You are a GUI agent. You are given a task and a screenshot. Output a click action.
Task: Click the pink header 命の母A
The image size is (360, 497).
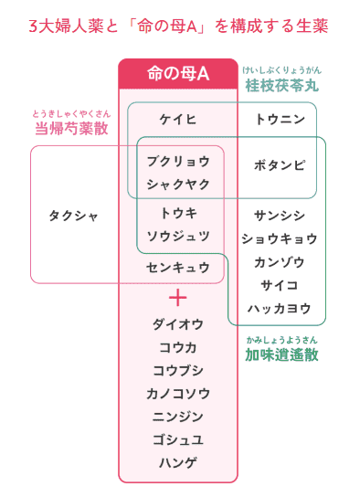[178, 74]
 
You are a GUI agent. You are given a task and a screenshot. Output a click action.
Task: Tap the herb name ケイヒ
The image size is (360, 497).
[178, 120]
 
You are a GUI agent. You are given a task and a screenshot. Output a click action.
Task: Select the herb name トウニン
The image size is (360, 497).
[280, 120]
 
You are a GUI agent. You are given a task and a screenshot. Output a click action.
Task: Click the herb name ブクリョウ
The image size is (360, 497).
[178, 161]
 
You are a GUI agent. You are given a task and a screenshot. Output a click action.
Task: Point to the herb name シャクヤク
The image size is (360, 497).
[178, 184]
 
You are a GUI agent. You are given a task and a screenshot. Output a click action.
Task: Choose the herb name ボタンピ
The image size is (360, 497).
[280, 166]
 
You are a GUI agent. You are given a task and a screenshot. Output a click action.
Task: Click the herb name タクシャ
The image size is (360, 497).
[73, 216]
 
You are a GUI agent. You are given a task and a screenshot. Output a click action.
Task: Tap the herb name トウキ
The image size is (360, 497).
[178, 213]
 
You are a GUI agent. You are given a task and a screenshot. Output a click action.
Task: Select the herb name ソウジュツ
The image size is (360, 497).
[178, 236]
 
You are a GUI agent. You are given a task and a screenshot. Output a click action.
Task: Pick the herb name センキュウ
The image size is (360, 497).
[178, 268]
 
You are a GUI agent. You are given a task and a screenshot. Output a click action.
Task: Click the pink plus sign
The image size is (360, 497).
[178, 298]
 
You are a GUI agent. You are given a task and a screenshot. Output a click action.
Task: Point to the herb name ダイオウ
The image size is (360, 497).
[178, 323]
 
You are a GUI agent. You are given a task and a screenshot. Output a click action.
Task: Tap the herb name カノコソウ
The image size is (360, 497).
[178, 393]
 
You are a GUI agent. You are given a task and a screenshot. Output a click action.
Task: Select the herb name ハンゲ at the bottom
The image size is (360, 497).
[178, 461]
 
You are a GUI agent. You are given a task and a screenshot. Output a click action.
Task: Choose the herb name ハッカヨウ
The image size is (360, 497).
[280, 308]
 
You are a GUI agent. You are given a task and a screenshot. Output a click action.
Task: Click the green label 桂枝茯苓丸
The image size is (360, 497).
[283, 88]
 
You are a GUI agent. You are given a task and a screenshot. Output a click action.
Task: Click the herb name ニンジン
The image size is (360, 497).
[178, 416]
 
